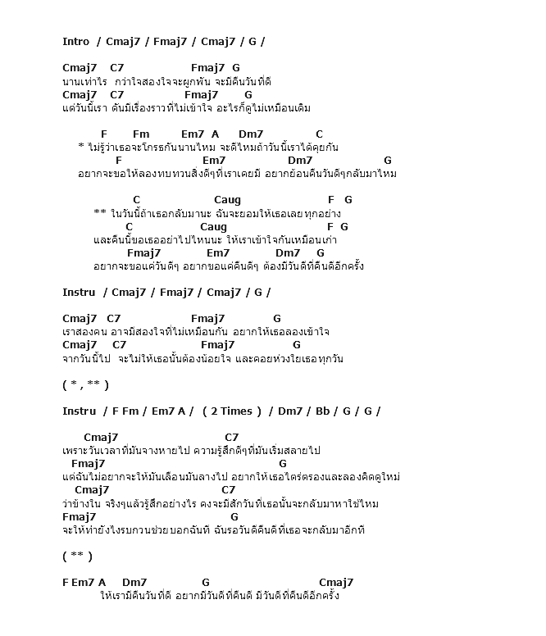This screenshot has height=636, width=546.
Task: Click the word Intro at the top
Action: [x=76, y=42]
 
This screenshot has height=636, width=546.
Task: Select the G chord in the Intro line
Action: [x=252, y=42]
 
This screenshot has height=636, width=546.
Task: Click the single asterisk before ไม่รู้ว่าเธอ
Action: [x=81, y=147]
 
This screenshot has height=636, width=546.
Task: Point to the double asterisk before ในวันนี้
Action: [x=100, y=213]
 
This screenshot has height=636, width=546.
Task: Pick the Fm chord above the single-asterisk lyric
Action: [x=141, y=134]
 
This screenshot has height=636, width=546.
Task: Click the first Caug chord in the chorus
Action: [x=227, y=200]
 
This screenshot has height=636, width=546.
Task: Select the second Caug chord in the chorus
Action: [x=213, y=227]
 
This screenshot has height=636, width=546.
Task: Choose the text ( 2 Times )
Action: [x=231, y=411]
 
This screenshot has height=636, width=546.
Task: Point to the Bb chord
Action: [x=321, y=411]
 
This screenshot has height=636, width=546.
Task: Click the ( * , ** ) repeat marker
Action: [x=85, y=385]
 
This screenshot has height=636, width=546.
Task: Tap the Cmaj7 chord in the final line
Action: [x=336, y=584]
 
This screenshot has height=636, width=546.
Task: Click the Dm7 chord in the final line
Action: [x=134, y=584]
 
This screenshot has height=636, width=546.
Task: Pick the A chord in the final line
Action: [x=102, y=584]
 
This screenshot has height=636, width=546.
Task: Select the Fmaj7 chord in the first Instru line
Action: [x=176, y=293]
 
